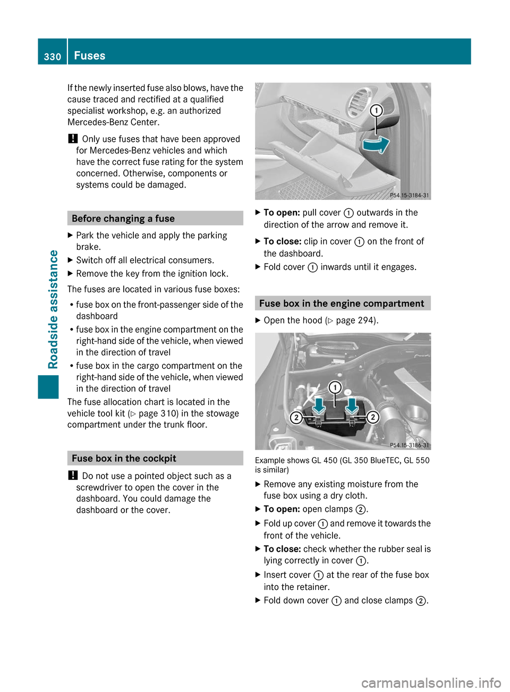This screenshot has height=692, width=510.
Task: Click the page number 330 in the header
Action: [x=53, y=56]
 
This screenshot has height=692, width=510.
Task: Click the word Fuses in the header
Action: [x=90, y=56]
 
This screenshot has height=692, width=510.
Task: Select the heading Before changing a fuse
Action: [x=123, y=218]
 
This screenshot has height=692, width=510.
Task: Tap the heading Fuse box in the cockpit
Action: [x=124, y=458]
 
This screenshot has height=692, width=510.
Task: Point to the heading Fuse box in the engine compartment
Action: [x=342, y=303]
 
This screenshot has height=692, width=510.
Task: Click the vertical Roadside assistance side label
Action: [x=53, y=309]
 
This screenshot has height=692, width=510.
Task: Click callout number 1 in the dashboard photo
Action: [x=376, y=111]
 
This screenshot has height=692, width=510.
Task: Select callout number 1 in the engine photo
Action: [x=335, y=387]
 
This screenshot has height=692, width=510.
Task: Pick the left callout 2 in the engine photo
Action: [x=296, y=417]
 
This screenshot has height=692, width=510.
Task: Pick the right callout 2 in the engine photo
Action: [x=373, y=417]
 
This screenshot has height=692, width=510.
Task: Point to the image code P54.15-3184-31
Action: [x=409, y=196]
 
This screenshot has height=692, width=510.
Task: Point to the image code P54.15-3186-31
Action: [x=409, y=445]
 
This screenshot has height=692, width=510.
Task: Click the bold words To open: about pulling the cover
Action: [x=282, y=213]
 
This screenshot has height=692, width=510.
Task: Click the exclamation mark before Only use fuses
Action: [x=73, y=139]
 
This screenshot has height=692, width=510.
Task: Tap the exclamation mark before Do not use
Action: [x=73, y=476]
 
